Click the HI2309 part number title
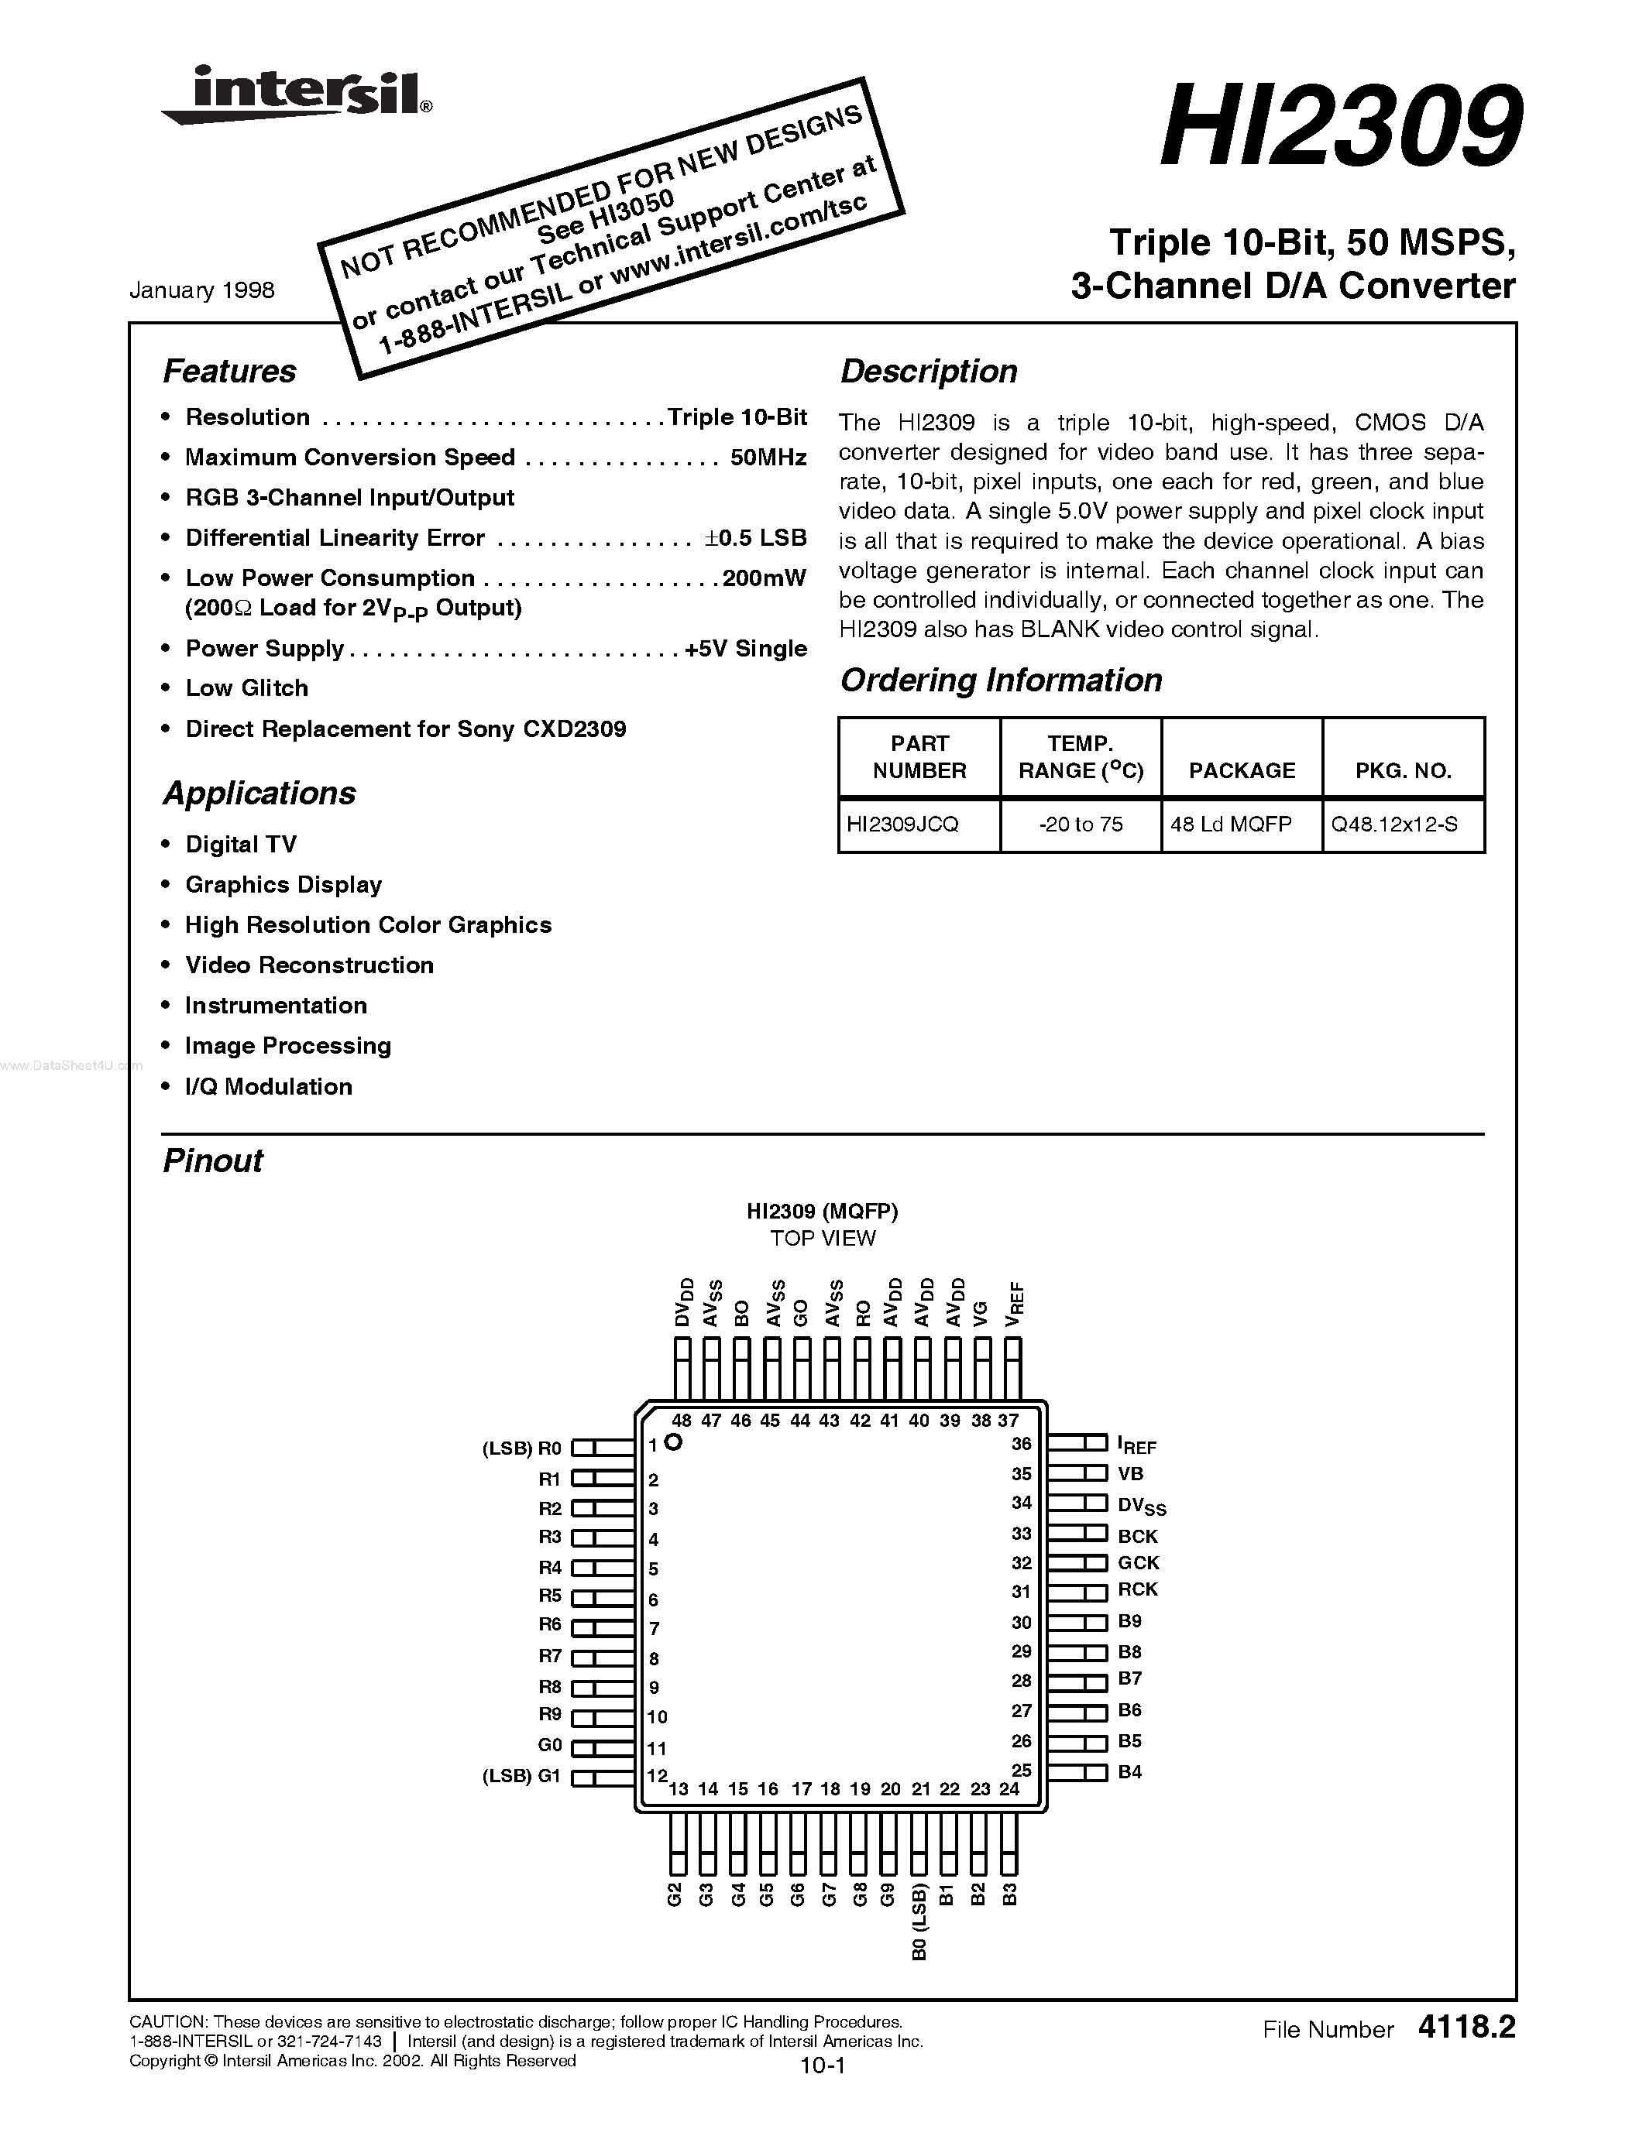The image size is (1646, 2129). click(1338, 128)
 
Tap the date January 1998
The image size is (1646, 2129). click(202, 290)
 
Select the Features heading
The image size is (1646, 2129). click(229, 372)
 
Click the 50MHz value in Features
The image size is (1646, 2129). click(768, 458)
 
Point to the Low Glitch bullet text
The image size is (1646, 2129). click(246, 688)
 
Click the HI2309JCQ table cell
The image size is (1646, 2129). click(903, 825)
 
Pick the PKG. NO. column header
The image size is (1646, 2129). click(1404, 771)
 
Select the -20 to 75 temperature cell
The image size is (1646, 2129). click(1081, 825)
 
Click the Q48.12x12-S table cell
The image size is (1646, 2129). click(1394, 825)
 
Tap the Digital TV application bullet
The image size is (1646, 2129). click(241, 844)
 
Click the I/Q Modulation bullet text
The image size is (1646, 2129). click(268, 1087)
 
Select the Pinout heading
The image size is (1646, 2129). click(212, 1161)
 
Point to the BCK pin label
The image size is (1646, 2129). click(1138, 1536)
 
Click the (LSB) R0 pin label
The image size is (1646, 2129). click(522, 1448)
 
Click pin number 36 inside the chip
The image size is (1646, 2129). click(1021, 1445)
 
